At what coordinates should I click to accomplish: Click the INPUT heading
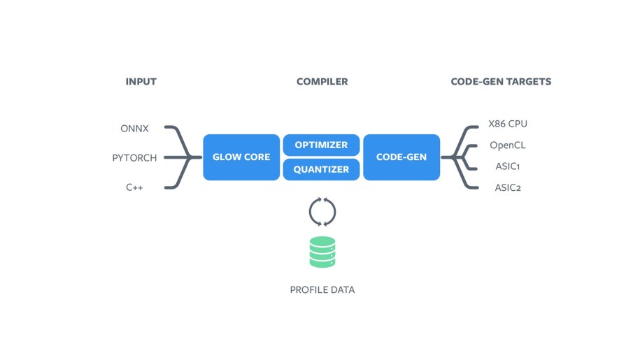[x=141, y=82]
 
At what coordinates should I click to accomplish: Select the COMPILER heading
[x=322, y=82]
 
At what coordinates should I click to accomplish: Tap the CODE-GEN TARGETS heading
[x=501, y=82]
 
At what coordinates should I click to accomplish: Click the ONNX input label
[x=134, y=129]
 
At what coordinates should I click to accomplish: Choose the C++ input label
[x=134, y=187]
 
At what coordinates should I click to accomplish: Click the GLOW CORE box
[x=241, y=157]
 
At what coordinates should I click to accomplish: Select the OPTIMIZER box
[x=321, y=145]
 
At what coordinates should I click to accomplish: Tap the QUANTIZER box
[x=321, y=169]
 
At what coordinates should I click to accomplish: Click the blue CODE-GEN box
[x=401, y=157]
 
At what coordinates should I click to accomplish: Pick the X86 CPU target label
[x=508, y=124]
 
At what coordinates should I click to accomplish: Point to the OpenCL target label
[x=507, y=145]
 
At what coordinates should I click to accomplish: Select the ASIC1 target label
[x=507, y=166]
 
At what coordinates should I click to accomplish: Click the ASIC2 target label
[x=507, y=187]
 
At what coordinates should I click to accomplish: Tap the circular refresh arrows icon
[x=322, y=212]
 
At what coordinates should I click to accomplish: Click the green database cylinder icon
[x=322, y=252]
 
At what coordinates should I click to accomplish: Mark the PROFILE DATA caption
[x=322, y=289]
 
